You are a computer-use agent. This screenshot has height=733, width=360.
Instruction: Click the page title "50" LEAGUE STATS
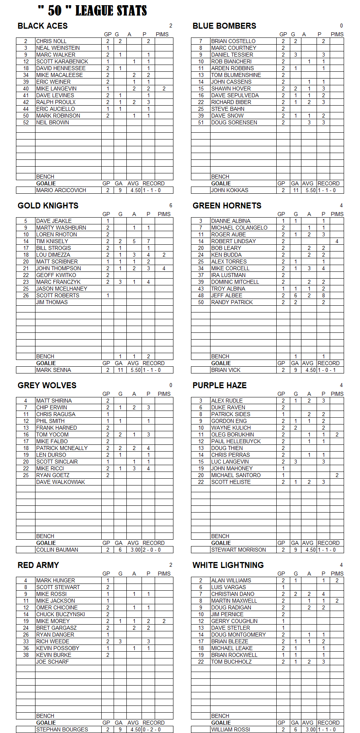tap(92, 11)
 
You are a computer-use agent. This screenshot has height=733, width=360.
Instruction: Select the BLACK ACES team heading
tap(43, 26)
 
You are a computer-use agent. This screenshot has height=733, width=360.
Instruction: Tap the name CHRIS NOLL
tap(51, 41)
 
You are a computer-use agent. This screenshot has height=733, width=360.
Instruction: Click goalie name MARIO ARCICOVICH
tap(61, 190)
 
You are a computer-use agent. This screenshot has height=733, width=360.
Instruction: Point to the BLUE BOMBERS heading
tap(224, 26)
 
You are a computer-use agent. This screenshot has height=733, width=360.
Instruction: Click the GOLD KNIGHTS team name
tap(48, 206)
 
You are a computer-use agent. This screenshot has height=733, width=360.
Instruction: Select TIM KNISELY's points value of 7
tap(148, 241)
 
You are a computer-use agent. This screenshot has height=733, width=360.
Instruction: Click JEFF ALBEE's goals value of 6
tap(295, 295)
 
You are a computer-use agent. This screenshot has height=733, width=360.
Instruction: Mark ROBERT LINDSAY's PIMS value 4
tap(337, 241)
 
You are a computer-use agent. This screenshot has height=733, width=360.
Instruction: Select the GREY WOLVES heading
tap(47, 385)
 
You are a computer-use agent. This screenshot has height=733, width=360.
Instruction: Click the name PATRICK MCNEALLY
tap(62, 448)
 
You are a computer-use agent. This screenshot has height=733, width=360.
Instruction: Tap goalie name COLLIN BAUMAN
tap(57, 550)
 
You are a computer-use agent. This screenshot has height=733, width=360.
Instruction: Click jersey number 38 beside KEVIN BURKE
tap(26, 655)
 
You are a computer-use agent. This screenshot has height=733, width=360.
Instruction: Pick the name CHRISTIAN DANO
tap(233, 594)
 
